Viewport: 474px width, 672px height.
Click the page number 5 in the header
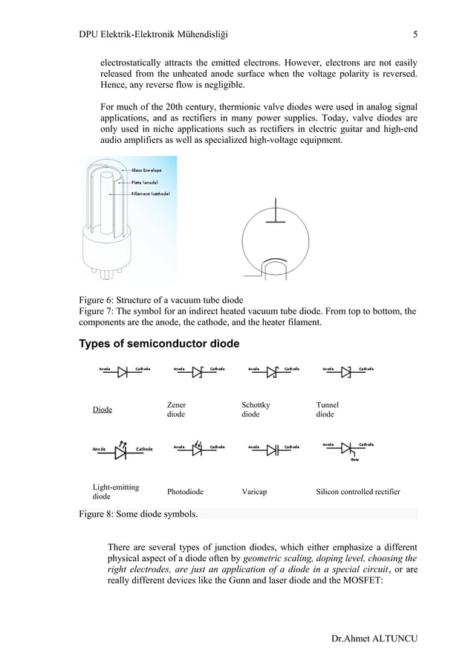pos(415,33)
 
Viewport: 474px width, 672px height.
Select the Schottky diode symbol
pos(273,373)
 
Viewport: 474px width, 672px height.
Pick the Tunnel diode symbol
pos(346,373)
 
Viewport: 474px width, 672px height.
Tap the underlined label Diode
pos(102,410)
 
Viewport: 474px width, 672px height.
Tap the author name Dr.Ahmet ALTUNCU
pos(374,640)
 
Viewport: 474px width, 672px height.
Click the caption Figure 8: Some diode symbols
pos(138,514)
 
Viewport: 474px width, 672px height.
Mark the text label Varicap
pos(256,492)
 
